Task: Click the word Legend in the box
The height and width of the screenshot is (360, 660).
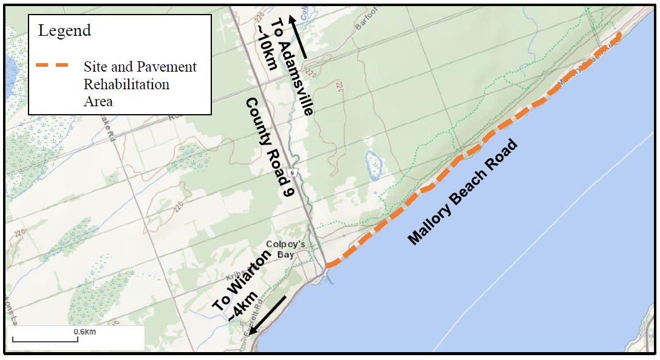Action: [64, 30]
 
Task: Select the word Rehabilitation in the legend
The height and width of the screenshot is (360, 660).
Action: [126, 84]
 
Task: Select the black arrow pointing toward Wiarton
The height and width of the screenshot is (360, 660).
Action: [269, 315]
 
